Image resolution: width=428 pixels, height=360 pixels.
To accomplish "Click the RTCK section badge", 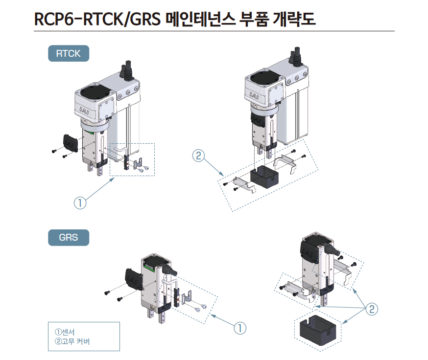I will point(68,53).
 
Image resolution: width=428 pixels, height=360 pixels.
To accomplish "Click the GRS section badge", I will point(68,238).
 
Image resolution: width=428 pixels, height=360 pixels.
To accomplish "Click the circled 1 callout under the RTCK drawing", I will point(80,202).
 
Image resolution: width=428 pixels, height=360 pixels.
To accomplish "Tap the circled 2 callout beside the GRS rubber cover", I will point(372,309).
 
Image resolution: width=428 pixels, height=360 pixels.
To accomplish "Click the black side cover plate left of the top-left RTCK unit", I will point(70,141).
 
